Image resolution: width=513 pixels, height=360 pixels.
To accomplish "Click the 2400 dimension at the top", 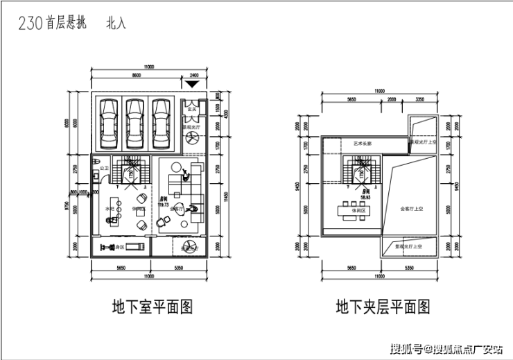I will pos(193,75).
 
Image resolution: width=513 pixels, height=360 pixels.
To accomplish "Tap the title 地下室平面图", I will pos(152,305).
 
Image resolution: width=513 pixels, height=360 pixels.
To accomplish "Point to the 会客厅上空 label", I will pos(413,208).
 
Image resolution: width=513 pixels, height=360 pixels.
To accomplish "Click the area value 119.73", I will pos(164,205).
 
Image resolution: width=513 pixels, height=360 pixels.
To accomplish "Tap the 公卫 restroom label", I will pos(104,169).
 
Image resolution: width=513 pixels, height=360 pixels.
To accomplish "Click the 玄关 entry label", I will pos(195,109).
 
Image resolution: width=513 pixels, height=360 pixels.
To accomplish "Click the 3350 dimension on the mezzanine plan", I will pos(419,99).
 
